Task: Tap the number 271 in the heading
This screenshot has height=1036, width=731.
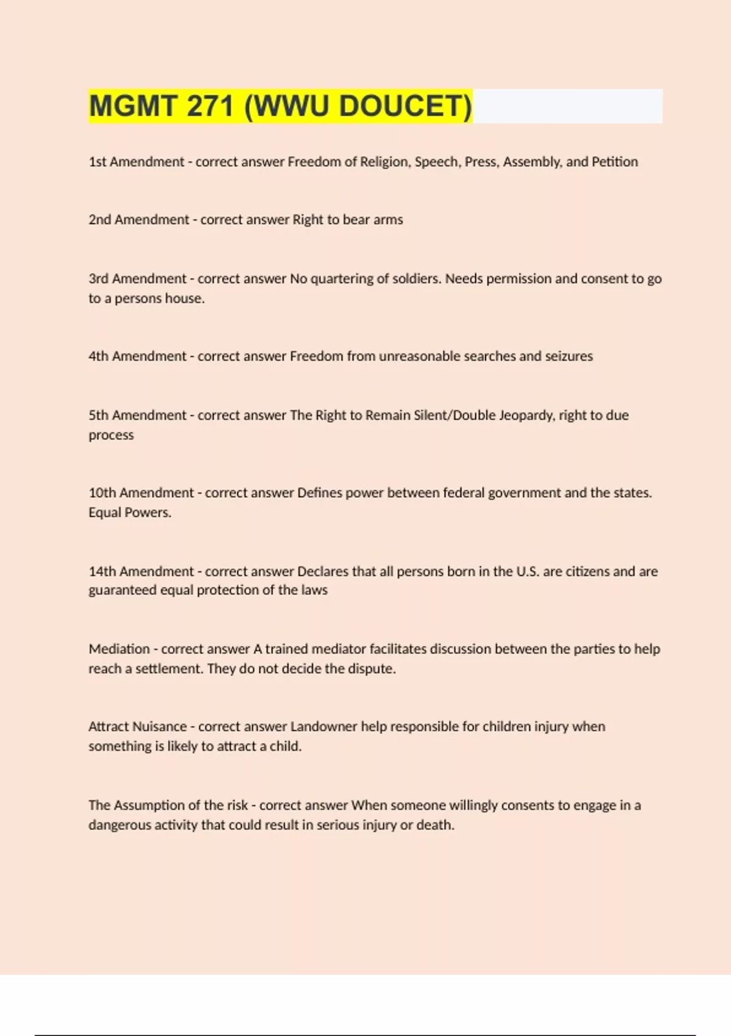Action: [210, 106]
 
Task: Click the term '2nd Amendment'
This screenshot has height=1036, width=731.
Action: [139, 219]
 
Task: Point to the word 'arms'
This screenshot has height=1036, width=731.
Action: [388, 219]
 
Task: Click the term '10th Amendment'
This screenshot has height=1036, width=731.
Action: [141, 492]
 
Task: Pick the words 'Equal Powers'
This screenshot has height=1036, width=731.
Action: [130, 513]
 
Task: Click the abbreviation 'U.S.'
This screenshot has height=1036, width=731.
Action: [528, 571]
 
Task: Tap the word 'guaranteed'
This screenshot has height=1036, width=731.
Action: [122, 590]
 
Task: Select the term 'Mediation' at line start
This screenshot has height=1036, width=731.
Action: [119, 649]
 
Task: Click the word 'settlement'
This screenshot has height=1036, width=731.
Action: [169, 669]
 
